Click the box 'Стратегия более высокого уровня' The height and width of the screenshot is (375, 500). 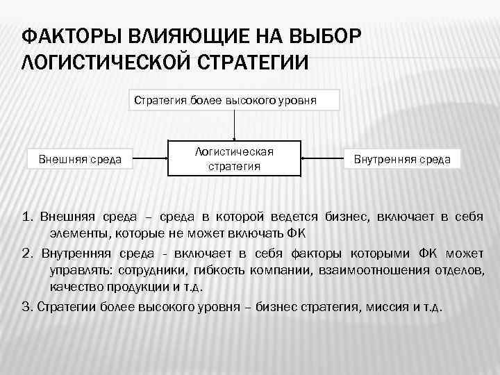point(235,100)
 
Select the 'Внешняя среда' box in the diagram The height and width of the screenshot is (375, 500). point(80,160)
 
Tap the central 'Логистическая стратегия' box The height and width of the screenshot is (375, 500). point(234,159)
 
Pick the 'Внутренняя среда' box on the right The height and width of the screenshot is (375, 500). point(402,160)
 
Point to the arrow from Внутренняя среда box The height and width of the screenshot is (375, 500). point(325,160)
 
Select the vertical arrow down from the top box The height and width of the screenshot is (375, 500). point(235,126)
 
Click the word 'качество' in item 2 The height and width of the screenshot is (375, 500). point(74,286)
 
